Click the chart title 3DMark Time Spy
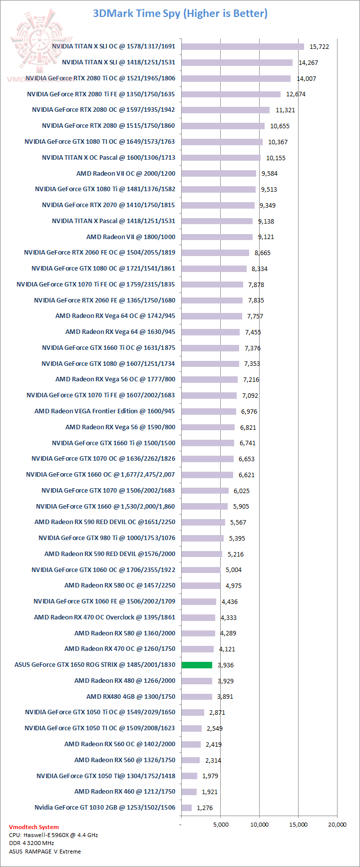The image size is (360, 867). click(x=180, y=13)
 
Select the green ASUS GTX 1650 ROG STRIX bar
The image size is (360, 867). click(x=197, y=665)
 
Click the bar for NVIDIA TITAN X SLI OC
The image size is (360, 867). click(x=243, y=46)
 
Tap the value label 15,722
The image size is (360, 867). click(x=319, y=46)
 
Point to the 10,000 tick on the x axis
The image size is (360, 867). click(x=259, y=825)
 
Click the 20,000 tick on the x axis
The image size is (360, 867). click(x=337, y=825)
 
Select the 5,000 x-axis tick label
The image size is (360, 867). click(x=220, y=825)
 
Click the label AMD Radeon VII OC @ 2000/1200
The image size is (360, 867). click(x=126, y=173)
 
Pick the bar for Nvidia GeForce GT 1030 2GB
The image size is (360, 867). click(x=186, y=808)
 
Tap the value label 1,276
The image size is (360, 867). click(x=205, y=808)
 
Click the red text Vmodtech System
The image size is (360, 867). click(x=33, y=827)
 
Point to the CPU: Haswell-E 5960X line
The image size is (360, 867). click(x=53, y=835)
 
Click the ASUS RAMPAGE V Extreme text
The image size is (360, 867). click(x=44, y=852)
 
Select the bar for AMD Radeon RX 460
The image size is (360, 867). click(x=189, y=792)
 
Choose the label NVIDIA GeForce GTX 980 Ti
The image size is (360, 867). click(x=107, y=538)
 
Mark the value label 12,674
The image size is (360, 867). click(x=296, y=94)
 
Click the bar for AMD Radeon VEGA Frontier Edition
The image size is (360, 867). click(x=209, y=411)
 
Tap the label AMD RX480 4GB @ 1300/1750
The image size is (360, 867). click(x=131, y=696)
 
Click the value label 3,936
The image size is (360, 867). click(x=226, y=665)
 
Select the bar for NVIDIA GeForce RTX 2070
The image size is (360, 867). click(x=218, y=205)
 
